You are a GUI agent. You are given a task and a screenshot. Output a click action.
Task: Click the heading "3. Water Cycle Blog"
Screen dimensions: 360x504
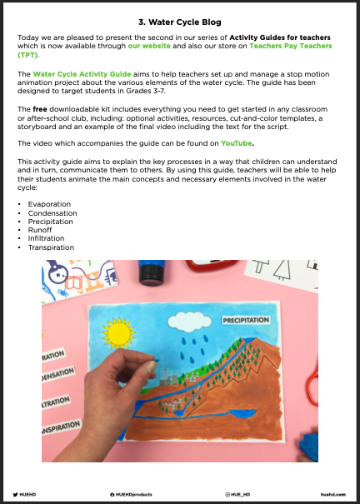(179, 22)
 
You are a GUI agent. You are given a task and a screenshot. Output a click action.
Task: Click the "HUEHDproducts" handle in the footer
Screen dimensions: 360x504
(136, 495)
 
